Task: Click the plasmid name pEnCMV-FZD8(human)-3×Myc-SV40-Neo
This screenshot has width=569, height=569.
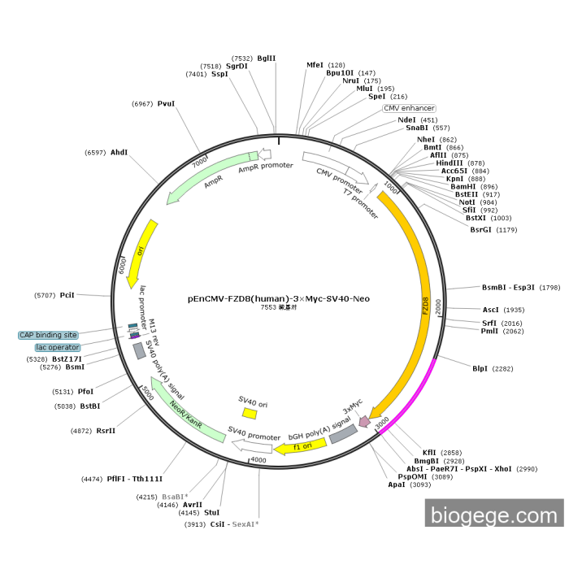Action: pos(278,298)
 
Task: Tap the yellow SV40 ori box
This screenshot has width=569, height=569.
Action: pos(250,413)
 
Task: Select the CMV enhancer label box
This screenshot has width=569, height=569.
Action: pos(409,108)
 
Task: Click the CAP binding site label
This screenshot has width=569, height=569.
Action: pos(49,335)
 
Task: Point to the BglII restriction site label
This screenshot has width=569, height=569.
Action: pos(267,58)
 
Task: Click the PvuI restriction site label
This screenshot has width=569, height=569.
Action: pos(167,103)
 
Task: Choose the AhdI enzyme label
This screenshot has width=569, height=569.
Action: pos(119,152)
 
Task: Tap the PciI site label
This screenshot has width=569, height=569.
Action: pos(67,295)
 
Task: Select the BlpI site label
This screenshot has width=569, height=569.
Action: pos(481,368)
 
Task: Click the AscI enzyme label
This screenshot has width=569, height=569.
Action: pos(491,310)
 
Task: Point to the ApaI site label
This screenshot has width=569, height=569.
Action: pos(397,484)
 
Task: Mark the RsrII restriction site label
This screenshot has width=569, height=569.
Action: pos(106,430)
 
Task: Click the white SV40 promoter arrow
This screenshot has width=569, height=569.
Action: pos(256,444)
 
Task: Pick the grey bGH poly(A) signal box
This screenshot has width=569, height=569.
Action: pos(342,433)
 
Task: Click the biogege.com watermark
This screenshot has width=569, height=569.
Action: pos(493,515)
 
